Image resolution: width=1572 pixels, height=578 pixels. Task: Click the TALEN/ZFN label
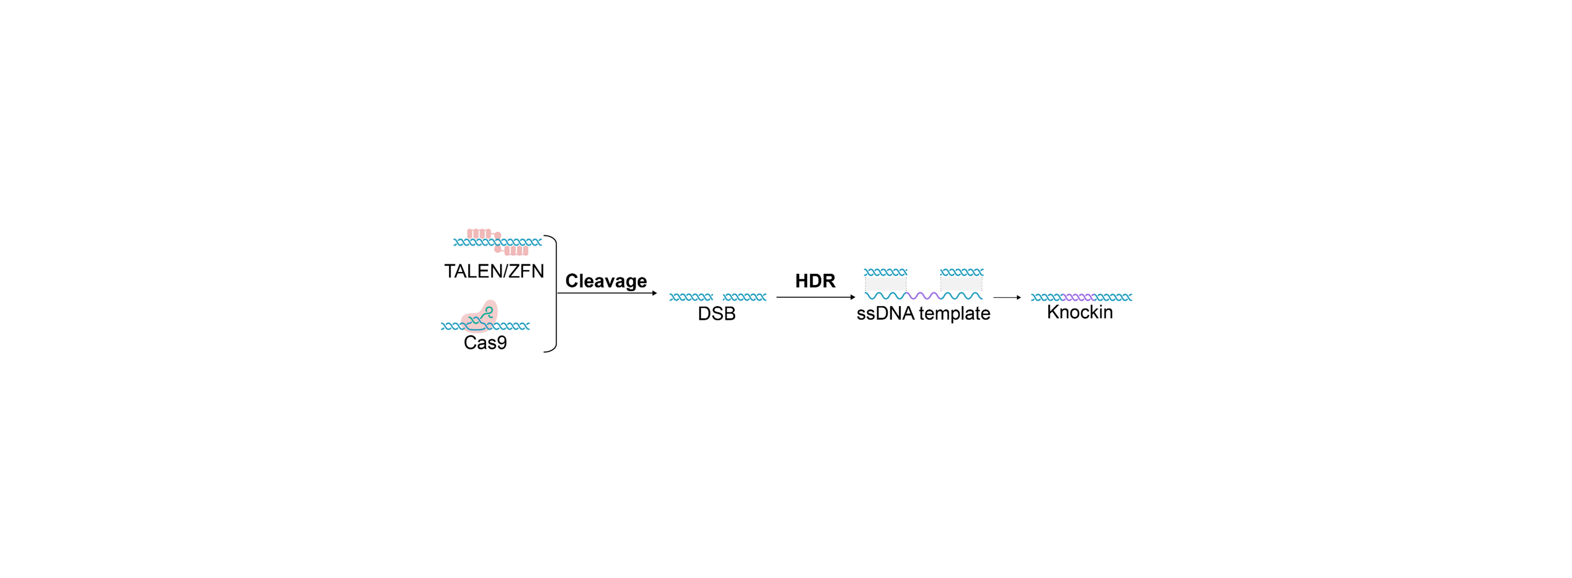click(x=494, y=271)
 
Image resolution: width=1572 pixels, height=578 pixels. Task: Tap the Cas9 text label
click(x=485, y=342)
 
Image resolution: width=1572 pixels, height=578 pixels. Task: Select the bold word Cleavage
click(x=605, y=281)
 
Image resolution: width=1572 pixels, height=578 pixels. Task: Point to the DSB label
click(x=716, y=314)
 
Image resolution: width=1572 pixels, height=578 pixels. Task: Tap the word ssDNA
click(x=885, y=314)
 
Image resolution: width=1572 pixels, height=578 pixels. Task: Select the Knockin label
click(x=1080, y=312)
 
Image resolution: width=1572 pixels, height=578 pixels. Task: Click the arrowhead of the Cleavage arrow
click(x=654, y=294)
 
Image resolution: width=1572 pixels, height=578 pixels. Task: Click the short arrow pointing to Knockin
click(x=1007, y=297)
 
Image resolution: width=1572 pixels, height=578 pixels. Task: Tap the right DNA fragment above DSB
click(x=745, y=297)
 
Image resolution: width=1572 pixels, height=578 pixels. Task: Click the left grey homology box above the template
click(x=885, y=284)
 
